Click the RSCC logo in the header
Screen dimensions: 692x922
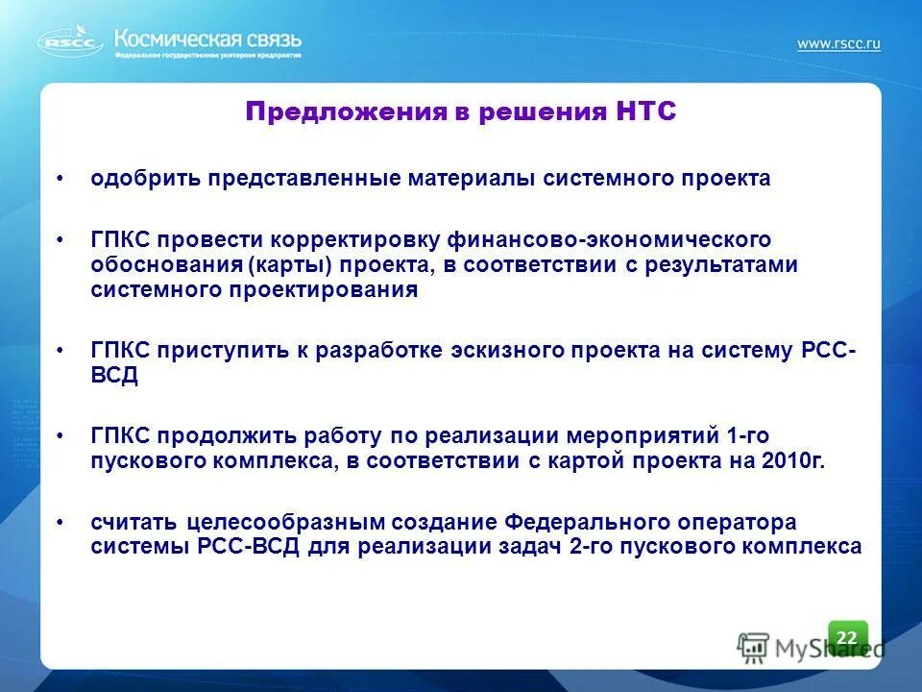coord(69,41)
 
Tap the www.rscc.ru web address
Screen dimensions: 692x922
coord(837,43)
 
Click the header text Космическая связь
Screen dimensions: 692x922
coord(208,38)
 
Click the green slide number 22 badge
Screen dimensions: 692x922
coord(847,637)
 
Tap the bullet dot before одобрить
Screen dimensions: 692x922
coord(61,179)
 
